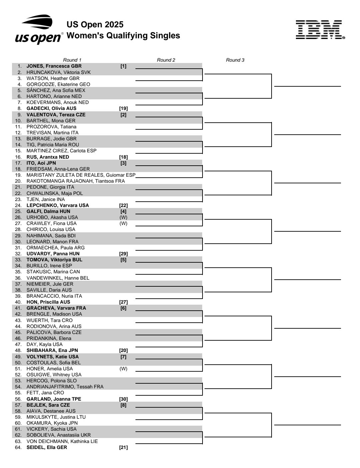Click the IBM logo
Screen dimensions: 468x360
pos(320,30)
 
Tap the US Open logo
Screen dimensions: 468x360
pos(39,30)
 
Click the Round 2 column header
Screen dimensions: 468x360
pos(166,60)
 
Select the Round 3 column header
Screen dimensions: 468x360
pos(235,60)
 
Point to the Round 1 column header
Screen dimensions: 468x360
pos(72,60)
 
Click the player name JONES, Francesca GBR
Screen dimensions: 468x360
pos(54,66)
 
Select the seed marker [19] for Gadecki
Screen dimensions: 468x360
pos(123,108)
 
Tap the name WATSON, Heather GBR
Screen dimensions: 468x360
pos(53,78)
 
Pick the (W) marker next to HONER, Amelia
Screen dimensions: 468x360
pos(123,369)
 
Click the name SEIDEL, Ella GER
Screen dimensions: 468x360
pos(47,447)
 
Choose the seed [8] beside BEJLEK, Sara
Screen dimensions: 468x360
pos(123,405)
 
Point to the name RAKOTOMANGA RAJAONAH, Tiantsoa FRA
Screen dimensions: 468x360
pos(76,181)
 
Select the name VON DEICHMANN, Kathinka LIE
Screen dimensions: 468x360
pos(62,441)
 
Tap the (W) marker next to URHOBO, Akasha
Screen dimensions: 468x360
pos(123,217)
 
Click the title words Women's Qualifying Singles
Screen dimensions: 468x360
pos(123,36)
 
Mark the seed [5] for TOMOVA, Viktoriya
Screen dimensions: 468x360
pos(123,260)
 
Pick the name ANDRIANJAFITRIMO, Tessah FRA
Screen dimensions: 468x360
pos(65,387)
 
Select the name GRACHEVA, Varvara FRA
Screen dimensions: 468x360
pos(56,308)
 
